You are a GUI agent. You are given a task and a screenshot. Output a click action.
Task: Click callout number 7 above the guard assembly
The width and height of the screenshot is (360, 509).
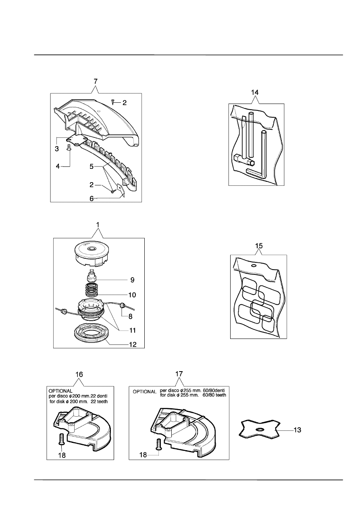[96, 81]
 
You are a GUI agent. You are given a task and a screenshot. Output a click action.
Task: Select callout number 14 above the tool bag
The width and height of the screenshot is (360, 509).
[255, 92]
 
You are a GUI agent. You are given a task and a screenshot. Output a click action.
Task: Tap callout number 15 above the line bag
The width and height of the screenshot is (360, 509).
[259, 246]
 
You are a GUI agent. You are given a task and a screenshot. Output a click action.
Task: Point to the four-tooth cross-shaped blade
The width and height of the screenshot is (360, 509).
[259, 429]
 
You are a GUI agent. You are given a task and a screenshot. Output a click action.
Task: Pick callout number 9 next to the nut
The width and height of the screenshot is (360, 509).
[132, 280]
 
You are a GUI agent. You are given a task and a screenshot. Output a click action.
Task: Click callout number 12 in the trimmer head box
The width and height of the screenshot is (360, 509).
[133, 345]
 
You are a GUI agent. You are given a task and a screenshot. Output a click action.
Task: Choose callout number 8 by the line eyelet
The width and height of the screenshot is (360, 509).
[131, 316]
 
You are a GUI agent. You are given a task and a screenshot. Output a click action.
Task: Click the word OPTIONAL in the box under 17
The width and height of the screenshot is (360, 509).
[145, 392]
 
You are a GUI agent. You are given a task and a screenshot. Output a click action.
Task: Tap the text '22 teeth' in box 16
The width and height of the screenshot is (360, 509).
[99, 401]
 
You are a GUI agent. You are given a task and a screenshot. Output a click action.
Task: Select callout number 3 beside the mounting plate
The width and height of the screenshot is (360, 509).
[57, 149]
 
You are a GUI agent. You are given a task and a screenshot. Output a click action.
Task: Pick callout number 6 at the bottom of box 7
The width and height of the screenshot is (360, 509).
[92, 199]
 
